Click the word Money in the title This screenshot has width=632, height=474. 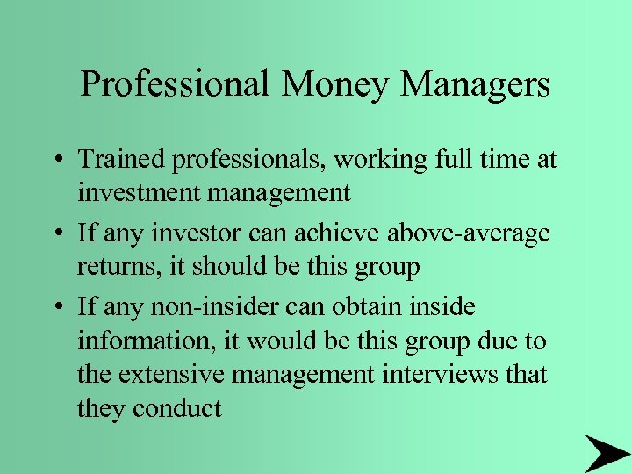pos(336,84)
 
